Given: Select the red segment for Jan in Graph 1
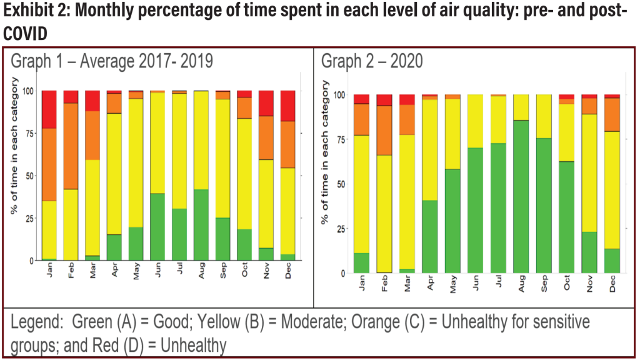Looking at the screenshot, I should click(49, 109).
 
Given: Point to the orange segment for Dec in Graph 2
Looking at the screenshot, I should click(612, 114).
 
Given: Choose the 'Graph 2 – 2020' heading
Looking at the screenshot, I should click(372, 61).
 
